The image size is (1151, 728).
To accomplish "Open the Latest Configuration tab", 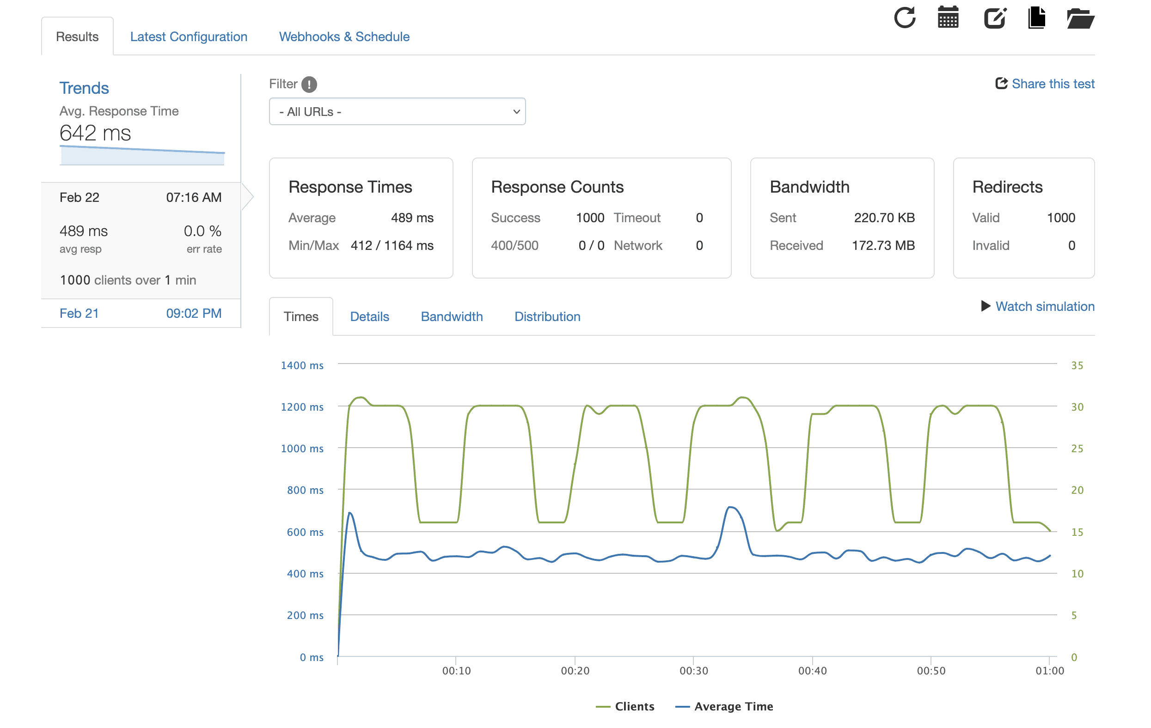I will click(x=188, y=37).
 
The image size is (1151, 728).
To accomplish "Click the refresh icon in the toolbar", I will click(x=904, y=18).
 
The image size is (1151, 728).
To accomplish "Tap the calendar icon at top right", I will click(x=948, y=18).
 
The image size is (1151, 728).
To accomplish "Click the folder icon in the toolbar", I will click(x=1080, y=18).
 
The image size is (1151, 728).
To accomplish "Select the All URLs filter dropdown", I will click(x=397, y=112).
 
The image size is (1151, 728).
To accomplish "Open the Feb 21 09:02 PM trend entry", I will click(x=141, y=313).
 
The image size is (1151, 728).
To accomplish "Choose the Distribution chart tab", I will click(x=547, y=317).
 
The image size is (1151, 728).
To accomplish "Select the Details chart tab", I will click(x=369, y=317).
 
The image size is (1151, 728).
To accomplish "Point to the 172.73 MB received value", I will click(x=883, y=246).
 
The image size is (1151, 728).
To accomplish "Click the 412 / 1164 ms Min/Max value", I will click(x=392, y=246).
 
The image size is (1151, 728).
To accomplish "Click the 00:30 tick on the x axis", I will click(x=693, y=671).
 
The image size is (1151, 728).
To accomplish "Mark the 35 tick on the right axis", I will click(x=1077, y=365).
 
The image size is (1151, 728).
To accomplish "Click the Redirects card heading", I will click(x=1007, y=187).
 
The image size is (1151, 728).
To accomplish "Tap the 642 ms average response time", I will click(x=95, y=133).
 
